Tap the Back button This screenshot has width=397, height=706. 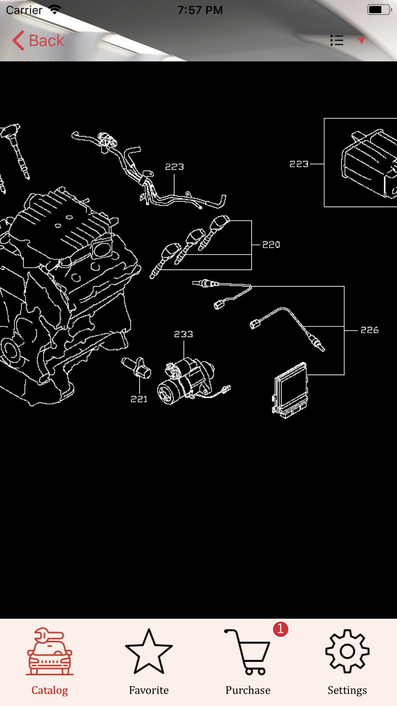click(x=38, y=41)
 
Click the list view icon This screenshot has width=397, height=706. click(x=337, y=40)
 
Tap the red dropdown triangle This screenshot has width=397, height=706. click(x=362, y=41)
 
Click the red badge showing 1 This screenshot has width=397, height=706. click(x=281, y=629)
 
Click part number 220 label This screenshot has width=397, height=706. click(x=271, y=245)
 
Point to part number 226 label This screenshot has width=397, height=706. click(x=370, y=330)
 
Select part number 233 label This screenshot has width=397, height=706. click(x=183, y=334)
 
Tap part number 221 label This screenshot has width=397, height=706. click(x=139, y=399)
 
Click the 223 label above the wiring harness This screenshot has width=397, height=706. click(x=175, y=167)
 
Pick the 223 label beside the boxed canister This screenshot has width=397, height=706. click(x=299, y=164)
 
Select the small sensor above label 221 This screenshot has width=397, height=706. click(x=136, y=367)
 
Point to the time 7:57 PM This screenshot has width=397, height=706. click(x=200, y=10)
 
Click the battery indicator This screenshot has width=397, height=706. click(x=379, y=10)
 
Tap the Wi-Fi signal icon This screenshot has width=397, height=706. click(x=55, y=10)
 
